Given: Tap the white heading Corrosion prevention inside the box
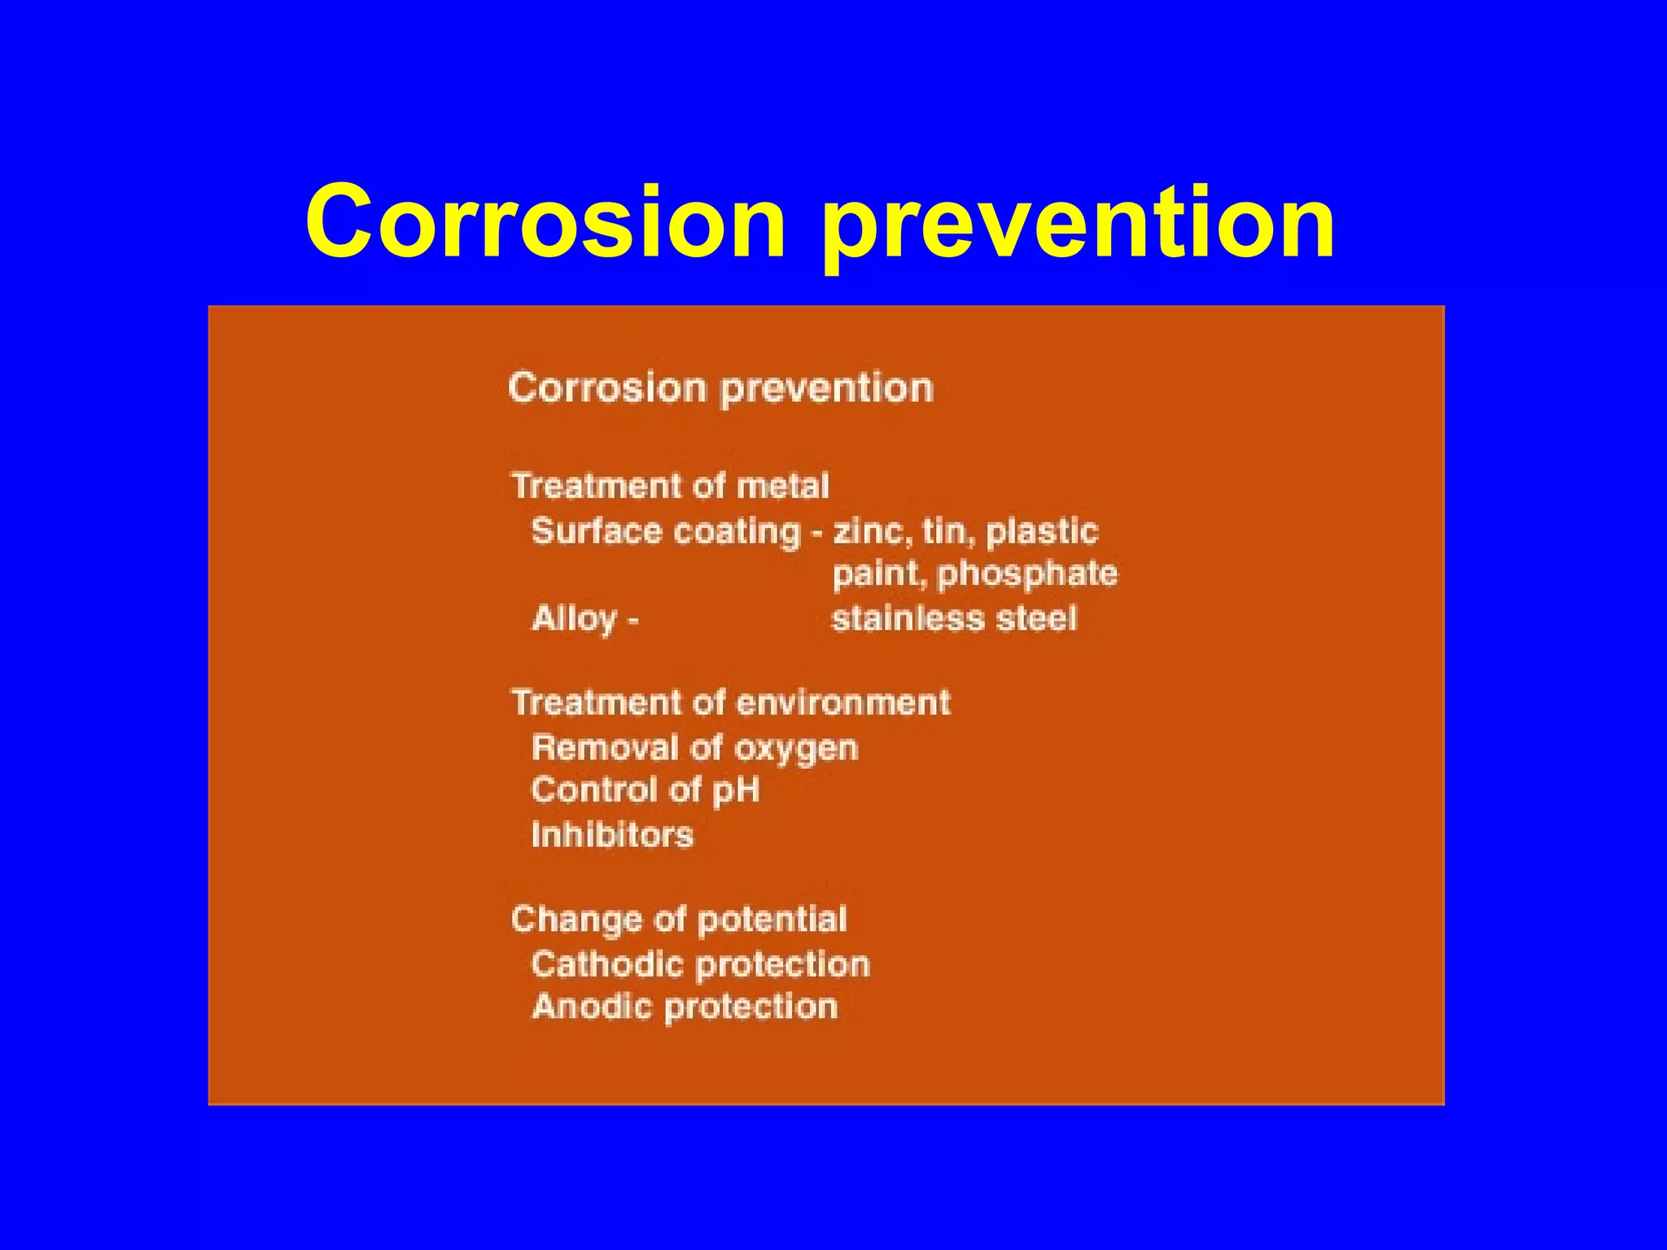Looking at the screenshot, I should click(720, 388).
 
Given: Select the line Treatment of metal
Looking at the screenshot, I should click(670, 487).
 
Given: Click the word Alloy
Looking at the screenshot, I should click(575, 619).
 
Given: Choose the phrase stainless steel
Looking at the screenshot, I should click(954, 619).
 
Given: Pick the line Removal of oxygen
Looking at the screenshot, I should click(694, 749).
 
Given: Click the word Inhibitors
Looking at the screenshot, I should click(612, 836).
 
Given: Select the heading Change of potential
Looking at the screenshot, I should click(679, 920).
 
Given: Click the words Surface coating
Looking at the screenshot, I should click(666, 532).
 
